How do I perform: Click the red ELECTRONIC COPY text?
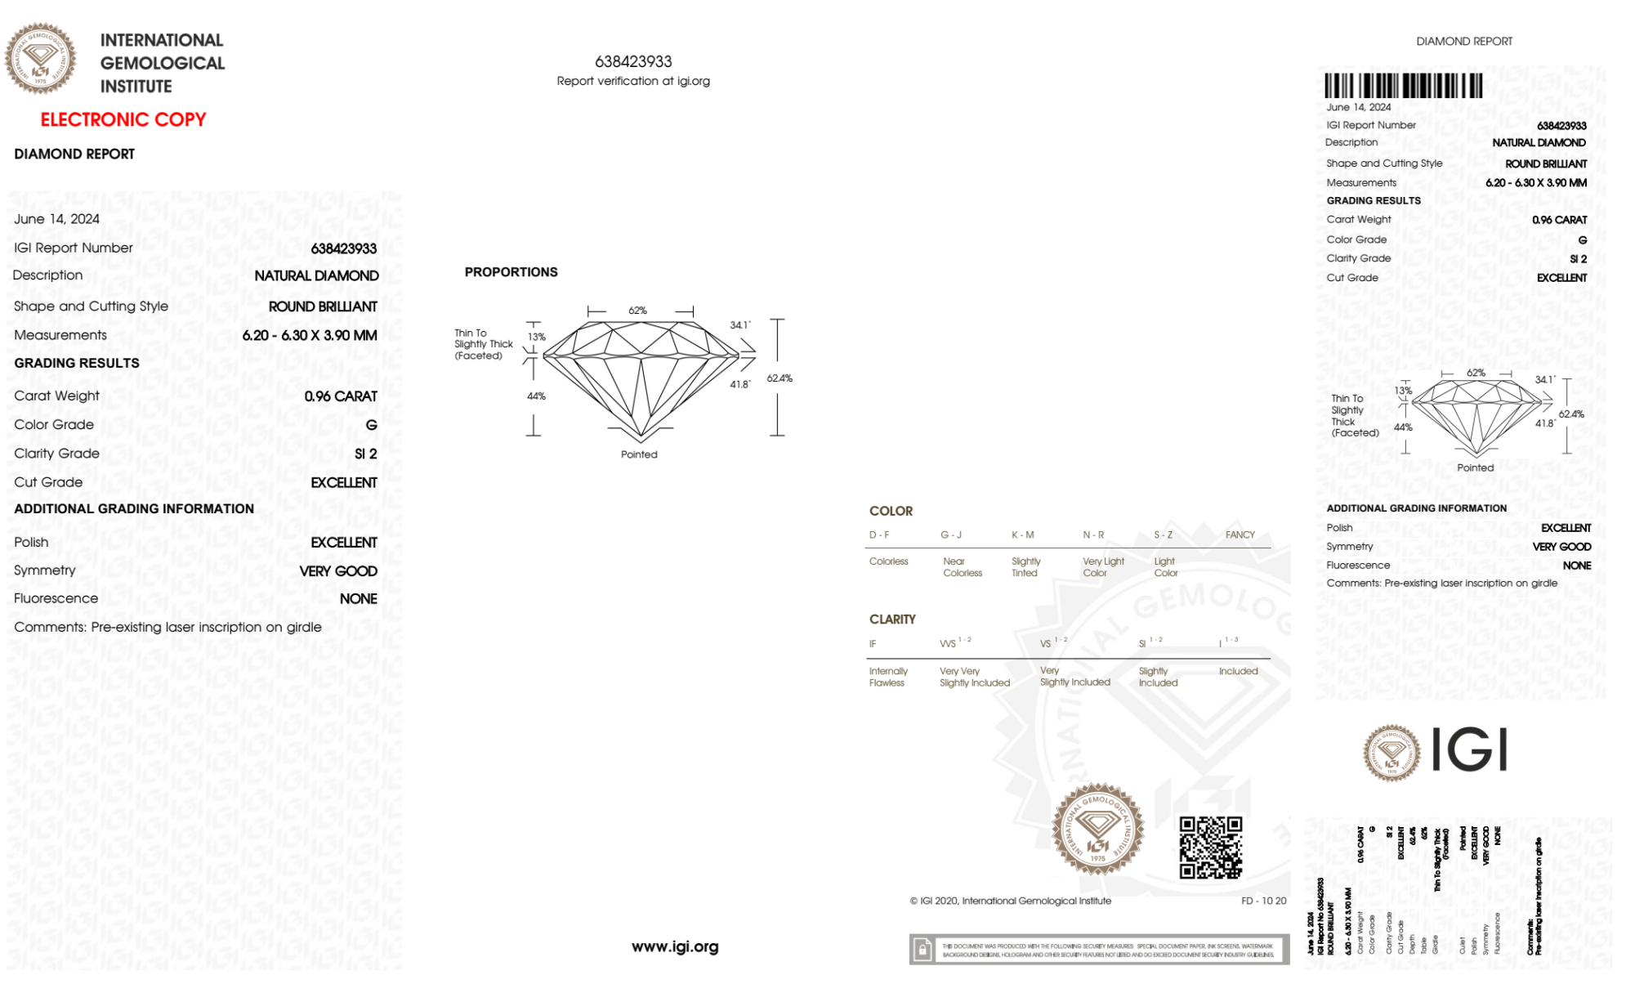123,120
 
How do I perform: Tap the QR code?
1210,848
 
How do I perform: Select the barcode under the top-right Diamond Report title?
1403,86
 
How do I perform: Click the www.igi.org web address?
675,946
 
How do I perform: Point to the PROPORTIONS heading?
511,272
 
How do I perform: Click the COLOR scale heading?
891,511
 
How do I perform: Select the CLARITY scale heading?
892,620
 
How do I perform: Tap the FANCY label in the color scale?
1240,535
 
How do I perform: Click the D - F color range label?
879,535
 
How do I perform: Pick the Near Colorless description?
962,567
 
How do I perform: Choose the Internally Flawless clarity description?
887,677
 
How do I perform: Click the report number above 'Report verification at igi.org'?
633,61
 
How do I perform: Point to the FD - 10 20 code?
1263,901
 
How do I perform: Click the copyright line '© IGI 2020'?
1010,901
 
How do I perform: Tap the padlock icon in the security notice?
922,950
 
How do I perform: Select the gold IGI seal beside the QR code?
1097,830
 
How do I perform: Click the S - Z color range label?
1163,535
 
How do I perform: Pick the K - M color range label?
1022,535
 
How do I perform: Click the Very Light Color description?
1102,567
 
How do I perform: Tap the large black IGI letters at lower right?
1470,749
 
